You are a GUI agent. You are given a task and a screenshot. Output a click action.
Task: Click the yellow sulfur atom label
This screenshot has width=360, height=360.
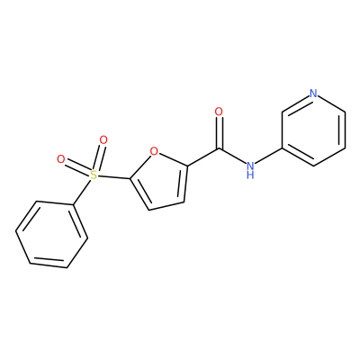point(94,175)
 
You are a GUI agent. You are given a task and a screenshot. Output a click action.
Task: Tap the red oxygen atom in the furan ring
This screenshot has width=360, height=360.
point(154,151)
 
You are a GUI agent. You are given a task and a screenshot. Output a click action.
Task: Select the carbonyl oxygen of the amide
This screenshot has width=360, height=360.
point(219,112)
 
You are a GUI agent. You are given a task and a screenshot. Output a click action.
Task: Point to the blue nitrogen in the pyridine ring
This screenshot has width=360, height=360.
point(313,94)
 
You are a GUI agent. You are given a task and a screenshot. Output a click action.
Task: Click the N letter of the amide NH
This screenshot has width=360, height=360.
point(250,166)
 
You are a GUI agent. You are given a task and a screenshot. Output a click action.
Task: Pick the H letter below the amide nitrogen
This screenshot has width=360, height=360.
point(250,175)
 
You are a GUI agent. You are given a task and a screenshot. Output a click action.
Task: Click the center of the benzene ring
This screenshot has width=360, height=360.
point(51,235)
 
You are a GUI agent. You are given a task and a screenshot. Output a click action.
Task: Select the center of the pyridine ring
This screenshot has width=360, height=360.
point(313,130)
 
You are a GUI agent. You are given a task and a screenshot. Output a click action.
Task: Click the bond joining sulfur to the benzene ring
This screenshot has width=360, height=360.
point(83,192)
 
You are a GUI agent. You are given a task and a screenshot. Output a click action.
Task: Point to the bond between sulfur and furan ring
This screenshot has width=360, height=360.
point(114,177)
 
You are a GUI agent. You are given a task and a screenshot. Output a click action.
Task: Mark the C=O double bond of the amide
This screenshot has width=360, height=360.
point(220,132)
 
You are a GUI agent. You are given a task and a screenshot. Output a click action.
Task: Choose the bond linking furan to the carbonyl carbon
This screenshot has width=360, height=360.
point(203,157)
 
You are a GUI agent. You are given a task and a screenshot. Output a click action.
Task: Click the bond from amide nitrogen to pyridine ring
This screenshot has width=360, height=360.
point(268,156)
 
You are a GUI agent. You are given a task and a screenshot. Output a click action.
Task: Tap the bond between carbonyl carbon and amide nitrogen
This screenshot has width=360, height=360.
point(233,156)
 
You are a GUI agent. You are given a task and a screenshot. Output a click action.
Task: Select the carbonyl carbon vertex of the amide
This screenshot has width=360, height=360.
point(220,148)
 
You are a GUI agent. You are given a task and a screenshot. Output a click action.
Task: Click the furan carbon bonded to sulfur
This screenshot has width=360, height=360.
point(130,179)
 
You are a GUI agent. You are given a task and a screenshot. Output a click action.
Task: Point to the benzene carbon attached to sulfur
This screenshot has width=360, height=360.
point(73,206)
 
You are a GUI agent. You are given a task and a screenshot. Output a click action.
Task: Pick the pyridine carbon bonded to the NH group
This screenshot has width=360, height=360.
point(283,148)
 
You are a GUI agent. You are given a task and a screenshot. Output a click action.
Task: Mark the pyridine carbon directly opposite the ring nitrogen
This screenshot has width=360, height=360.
point(313,166)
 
